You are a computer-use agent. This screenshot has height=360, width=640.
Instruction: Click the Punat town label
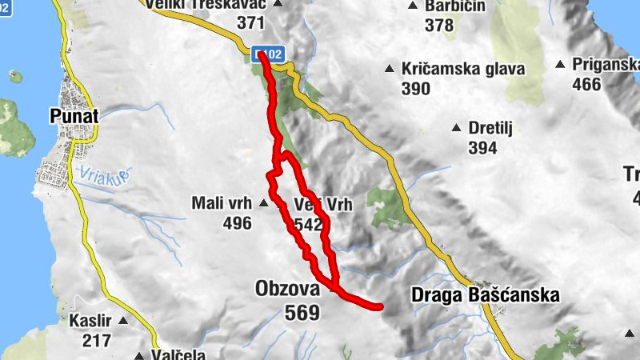click(x=73, y=116)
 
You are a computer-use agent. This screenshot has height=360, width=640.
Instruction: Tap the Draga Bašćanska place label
click(x=485, y=294)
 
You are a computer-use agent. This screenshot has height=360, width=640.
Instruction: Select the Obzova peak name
click(x=286, y=288)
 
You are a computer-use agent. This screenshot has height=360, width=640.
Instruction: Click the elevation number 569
click(x=302, y=313)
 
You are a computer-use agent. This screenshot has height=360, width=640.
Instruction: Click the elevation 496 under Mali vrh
click(x=237, y=223)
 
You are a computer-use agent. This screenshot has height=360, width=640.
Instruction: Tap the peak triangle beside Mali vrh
click(x=264, y=204)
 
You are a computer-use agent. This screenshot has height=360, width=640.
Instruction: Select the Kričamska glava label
click(x=464, y=69)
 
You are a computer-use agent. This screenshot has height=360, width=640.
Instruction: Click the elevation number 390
click(x=416, y=89)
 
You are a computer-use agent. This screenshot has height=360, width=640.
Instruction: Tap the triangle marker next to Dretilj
click(x=456, y=127)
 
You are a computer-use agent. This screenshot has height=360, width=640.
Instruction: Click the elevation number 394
click(x=482, y=148)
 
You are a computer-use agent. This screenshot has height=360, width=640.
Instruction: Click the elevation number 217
click(x=96, y=340)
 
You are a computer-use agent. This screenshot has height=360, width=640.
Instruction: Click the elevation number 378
click(x=439, y=26)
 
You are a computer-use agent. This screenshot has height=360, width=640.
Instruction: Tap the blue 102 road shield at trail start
click(x=270, y=54)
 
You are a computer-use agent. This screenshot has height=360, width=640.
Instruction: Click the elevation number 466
click(x=586, y=84)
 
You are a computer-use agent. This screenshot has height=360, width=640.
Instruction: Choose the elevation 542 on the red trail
click(x=308, y=225)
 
